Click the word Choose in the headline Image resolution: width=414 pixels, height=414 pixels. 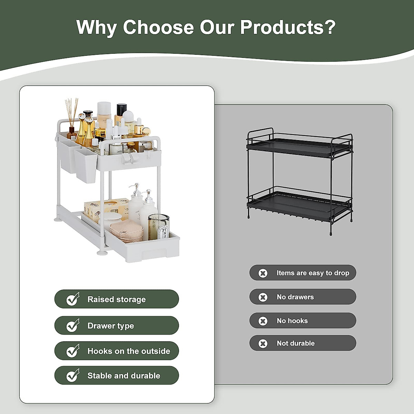158,27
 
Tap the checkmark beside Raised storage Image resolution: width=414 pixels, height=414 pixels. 73,299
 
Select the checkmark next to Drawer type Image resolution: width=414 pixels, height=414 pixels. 73,325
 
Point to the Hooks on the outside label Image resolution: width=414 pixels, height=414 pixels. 129,351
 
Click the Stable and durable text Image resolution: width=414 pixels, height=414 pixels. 124,376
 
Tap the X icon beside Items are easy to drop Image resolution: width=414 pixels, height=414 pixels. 263,273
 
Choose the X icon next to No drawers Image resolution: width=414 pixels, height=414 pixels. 263,297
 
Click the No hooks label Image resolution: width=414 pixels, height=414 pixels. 292,321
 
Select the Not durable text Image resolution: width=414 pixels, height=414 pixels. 296,343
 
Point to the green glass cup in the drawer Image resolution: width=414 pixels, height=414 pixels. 159,227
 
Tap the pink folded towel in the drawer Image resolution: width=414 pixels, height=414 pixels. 127,232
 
